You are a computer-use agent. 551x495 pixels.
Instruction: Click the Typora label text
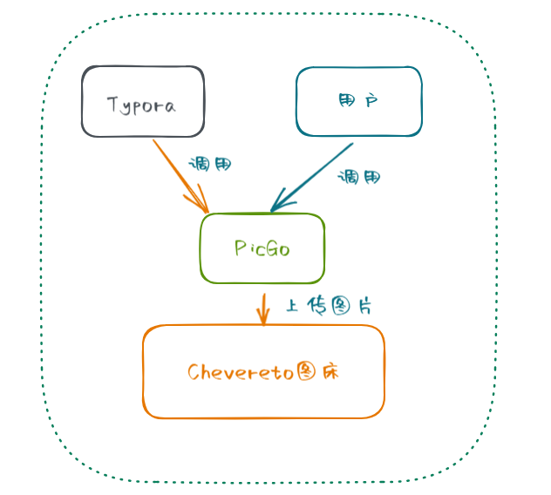pyautogui.click(x=141, y=105)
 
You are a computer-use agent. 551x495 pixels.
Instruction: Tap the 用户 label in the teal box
pyautogui.click(x=357, y=102)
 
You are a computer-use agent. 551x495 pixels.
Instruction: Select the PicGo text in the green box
pyautogui.click(x=262, y=248)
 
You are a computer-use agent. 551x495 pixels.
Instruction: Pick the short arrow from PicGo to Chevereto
pyautogui.click(x=262, y=308)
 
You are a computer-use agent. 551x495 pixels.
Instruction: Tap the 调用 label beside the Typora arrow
pyautogui.click(x=210, y=164)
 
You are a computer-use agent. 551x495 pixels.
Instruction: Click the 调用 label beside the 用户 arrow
pyautogui.click(x=359, y=177)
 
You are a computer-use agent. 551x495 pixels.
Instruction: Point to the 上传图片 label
pyautogui.click(x=330, y=307)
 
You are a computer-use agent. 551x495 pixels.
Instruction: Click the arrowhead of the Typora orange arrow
pyautogui.click(x=202, y=207)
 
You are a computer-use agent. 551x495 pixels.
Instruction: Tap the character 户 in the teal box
pyautogui.click(x=371, y=102)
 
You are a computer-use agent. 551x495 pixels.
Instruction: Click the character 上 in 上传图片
pyautogui.click(x=293, y=307)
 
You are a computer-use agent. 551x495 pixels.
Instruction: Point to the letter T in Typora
pyautogui.click(x=112, y=105)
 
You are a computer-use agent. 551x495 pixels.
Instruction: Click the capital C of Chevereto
pyautogui.click(x=194, y=372)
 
